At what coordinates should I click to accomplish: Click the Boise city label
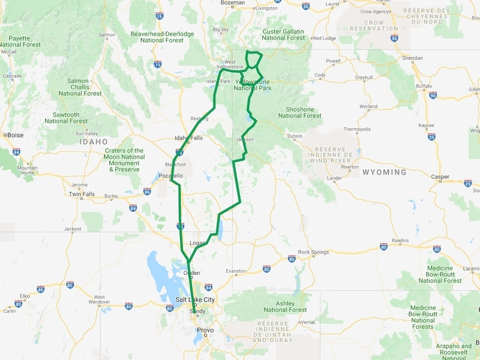16,135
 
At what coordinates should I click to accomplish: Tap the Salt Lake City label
195,299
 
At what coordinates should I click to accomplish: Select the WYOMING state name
384,172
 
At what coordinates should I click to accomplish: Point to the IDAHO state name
94,142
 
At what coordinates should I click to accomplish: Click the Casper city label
440,176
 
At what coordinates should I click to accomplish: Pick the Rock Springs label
313,252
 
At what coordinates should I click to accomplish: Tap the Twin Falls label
82,194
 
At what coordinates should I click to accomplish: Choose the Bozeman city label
233,3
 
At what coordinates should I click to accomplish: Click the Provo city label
205,330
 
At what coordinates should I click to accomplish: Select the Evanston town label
236,271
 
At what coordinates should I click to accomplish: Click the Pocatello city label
170,175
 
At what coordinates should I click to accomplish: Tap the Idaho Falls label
188,137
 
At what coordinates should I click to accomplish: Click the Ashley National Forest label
285,307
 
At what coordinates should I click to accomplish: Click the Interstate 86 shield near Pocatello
147,192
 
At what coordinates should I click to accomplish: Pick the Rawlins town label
400,241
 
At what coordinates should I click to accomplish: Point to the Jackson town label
245,139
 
